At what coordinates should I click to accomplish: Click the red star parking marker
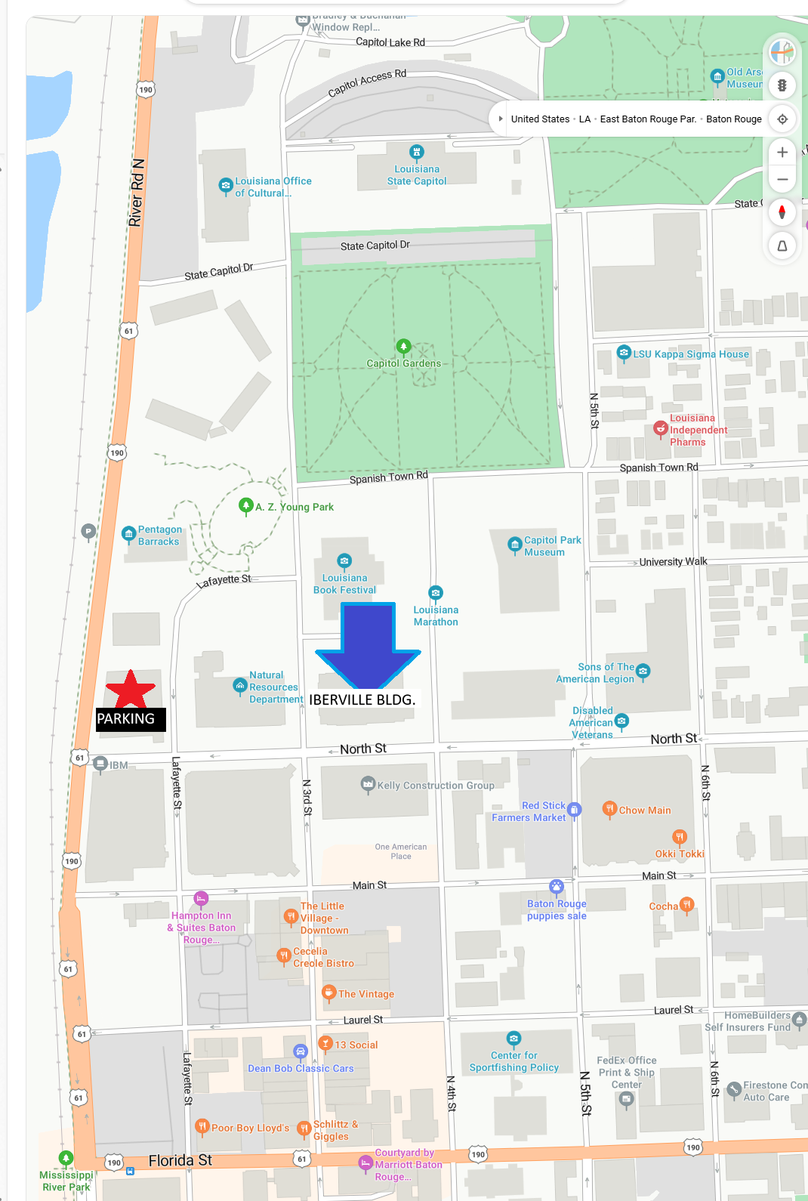pyautogui.click(x=131, y=690)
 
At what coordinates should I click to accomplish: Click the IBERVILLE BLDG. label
pyautogui.click(x=362, y=700)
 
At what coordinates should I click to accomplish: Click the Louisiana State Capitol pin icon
pyautogui.click(x=416, y=152)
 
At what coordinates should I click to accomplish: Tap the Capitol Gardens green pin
pyautogui.click(x=403, y=347)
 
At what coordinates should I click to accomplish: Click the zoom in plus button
pyautogui.click(x=782, y=152)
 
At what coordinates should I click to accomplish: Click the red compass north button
pyautogui.click(x=782, y=212)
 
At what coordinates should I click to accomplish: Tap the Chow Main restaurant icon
pyautogui.click(x=609, y=809)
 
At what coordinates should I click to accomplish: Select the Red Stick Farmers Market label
pyautogui.click(x=529, y=812)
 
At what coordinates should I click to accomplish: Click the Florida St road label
pyautogui.click(x=180, y=1161)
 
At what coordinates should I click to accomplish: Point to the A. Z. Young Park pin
pyautogui.click(x=245, y=505)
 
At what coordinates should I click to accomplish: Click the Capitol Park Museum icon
pyautogui.click(x=515, y=544)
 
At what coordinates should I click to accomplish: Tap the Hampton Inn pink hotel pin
pyautogui.click(x=201, y=898)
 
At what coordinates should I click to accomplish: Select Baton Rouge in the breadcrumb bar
pyautogui.click(x=733, y=119)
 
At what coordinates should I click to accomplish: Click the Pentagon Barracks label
pyautogui.click(x=159, y=536)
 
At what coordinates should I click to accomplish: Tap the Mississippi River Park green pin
pyautogui.click(x=66, y=1158)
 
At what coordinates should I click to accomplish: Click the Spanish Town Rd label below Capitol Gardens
pyautogui.click(x=388, y=477)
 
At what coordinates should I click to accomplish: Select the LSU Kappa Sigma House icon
pyautogui.click(x=624, y=352)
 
